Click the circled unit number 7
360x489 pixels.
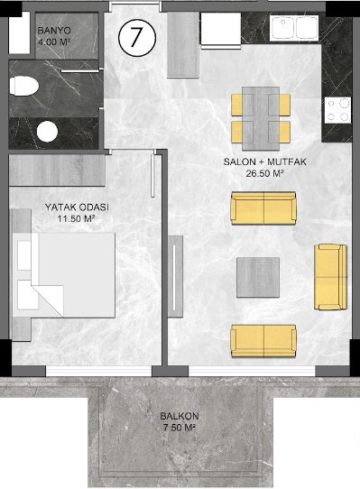click(136, 37)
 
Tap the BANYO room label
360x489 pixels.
click(54, 31)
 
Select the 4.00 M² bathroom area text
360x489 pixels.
click(53, 42)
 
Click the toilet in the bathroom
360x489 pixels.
click(23, 86)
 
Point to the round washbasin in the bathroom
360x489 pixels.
click(48, 132)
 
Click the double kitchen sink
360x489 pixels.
click(294, 27)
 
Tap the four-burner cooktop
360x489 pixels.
click(337, 109)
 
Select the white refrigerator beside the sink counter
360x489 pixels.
click(221, 31)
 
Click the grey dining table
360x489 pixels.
click(261, 118)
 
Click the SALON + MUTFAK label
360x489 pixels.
click(265, 161)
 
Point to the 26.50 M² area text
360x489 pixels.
click(264, 173)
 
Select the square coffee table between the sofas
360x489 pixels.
click(258, 277)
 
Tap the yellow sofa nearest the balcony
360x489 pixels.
click(263, 341)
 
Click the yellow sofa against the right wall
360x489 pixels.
click(330, 277)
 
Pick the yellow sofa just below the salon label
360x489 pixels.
click(263, 208)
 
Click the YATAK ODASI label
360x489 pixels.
click(77, 208)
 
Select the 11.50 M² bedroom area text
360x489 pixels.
click(76, 219)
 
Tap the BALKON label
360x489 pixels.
click(180, 416)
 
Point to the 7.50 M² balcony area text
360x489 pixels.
click(180, 428)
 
